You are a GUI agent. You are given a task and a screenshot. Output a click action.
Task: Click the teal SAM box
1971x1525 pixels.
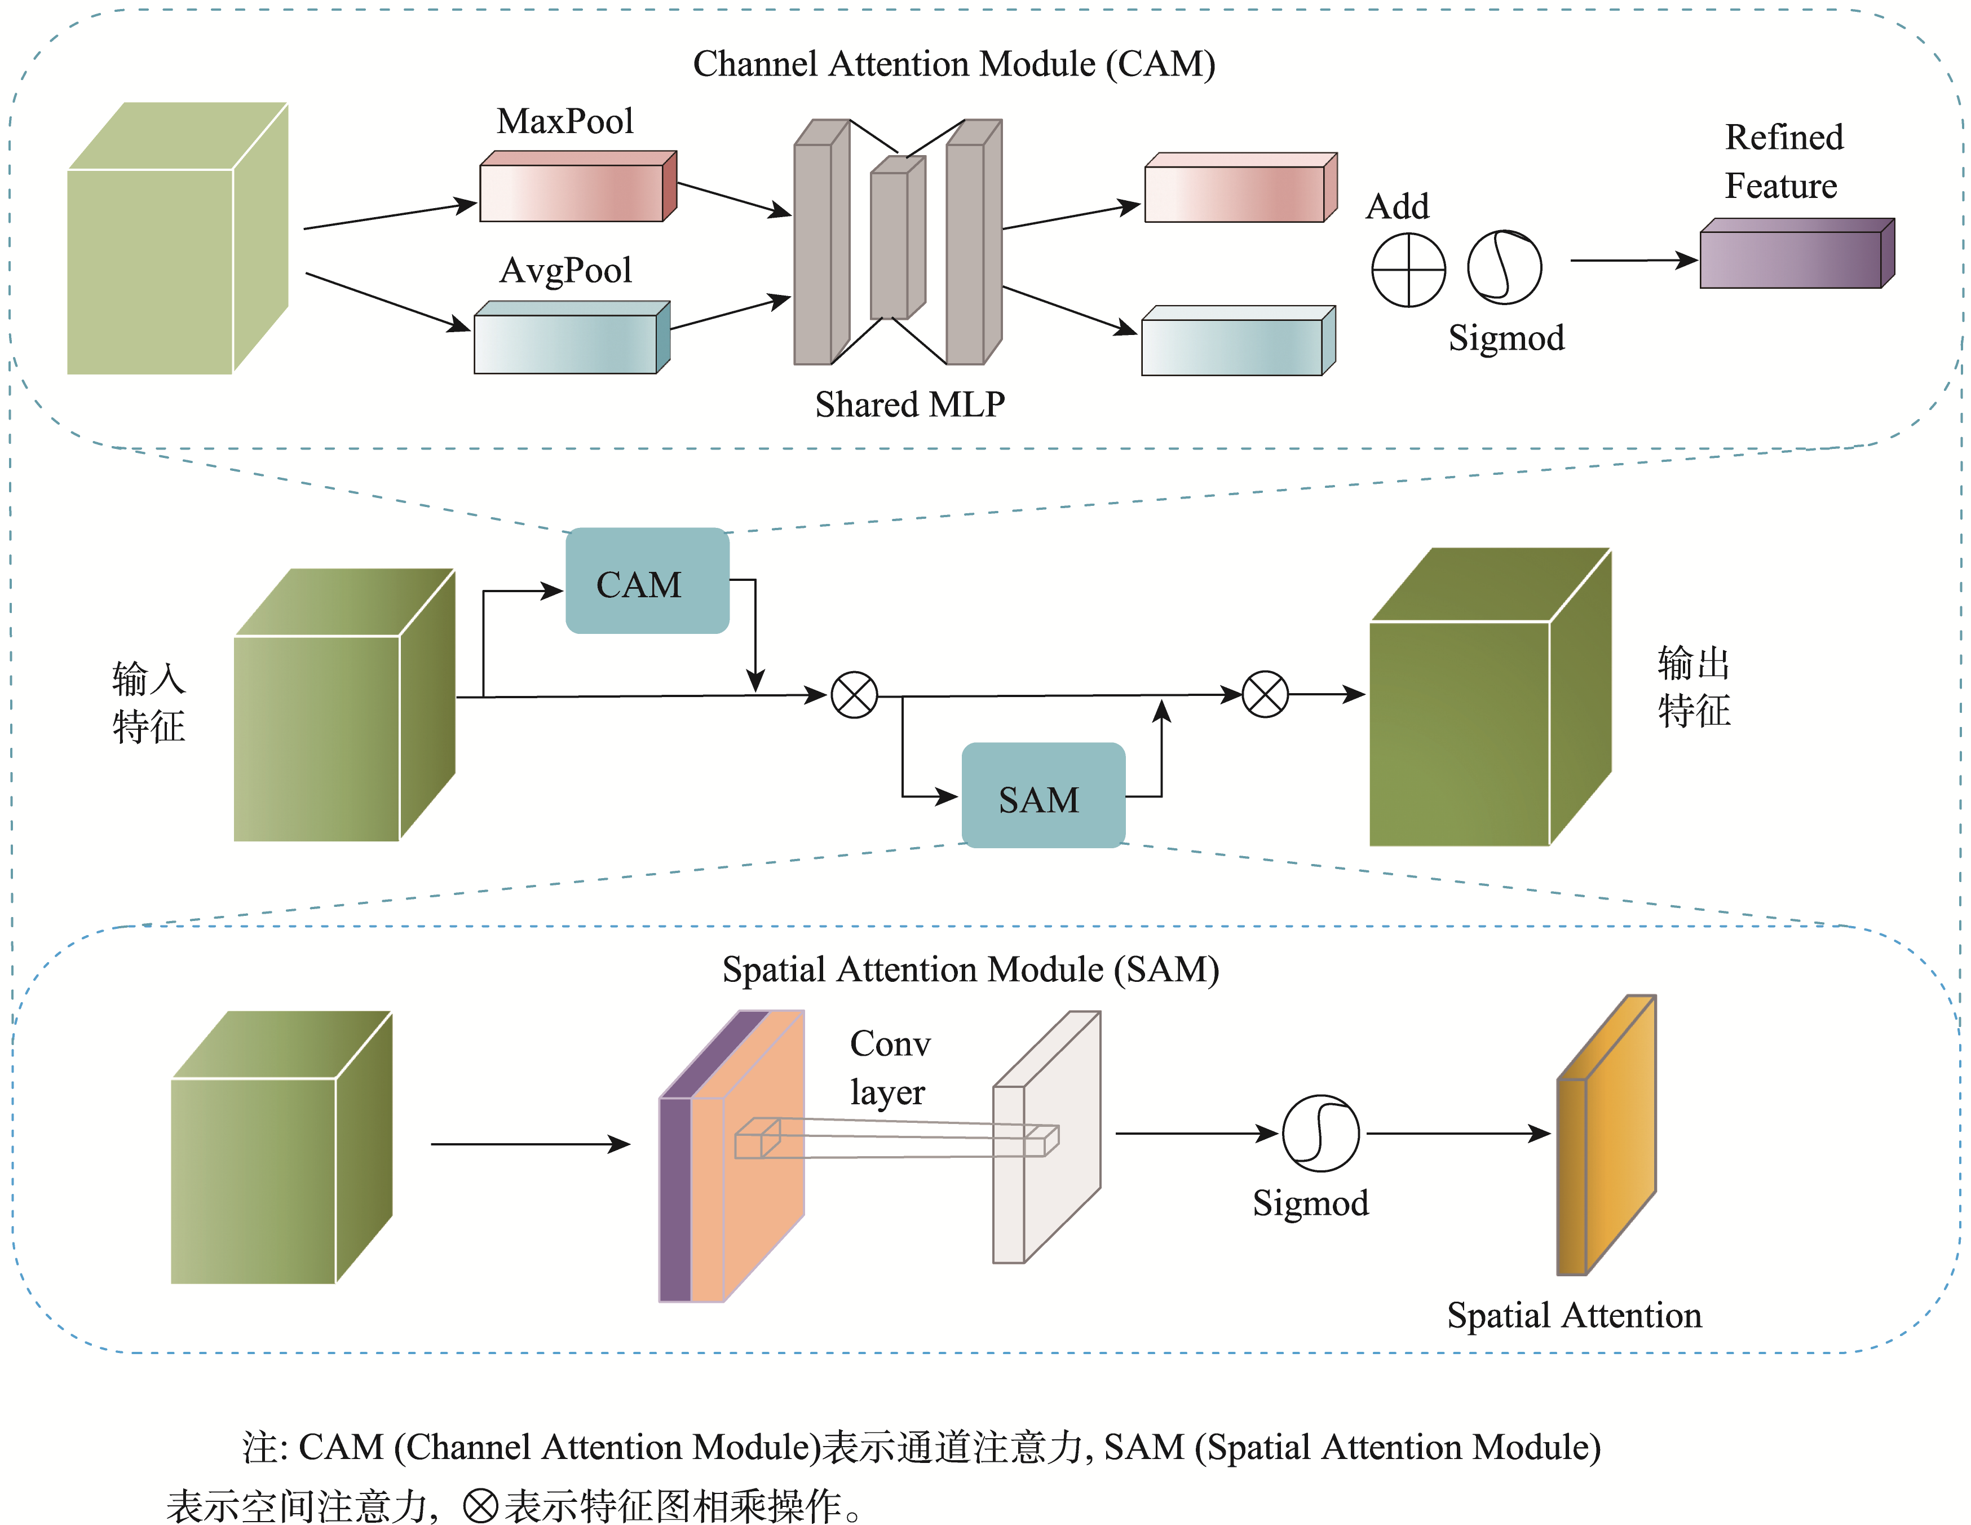pyautogui.click(x=1042, y=795)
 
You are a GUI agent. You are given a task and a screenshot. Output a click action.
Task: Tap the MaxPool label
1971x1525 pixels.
pyautogui.click(x=565, y=121)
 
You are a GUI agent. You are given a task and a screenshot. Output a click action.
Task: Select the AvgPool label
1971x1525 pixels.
pyautogui.click(x=566, y=270)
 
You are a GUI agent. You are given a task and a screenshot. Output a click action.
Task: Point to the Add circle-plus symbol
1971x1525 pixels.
pyautogui.click(x=1408, y=270)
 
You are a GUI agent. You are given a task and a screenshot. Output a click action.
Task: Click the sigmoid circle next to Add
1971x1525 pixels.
pyautogui.click(x=1504, y=267)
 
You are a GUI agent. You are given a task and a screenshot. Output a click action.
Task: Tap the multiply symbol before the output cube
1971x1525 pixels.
pyautogui.click(x=1265, y=694)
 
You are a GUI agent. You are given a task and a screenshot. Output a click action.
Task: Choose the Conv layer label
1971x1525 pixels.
pyautogui.click(x=889, y=1067)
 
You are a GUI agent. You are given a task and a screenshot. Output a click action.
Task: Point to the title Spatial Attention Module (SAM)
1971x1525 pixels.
pyautogui.click(x=970, y=969)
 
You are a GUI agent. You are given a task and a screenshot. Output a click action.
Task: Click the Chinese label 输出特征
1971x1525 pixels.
pyautogui.click(x=1693, y=686)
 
